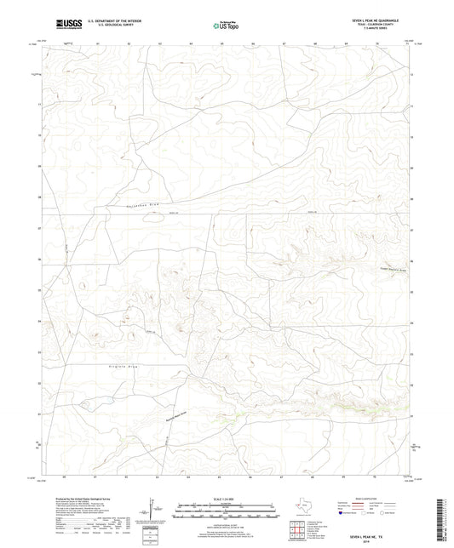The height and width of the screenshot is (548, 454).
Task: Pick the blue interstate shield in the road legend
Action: coord(342,513)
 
